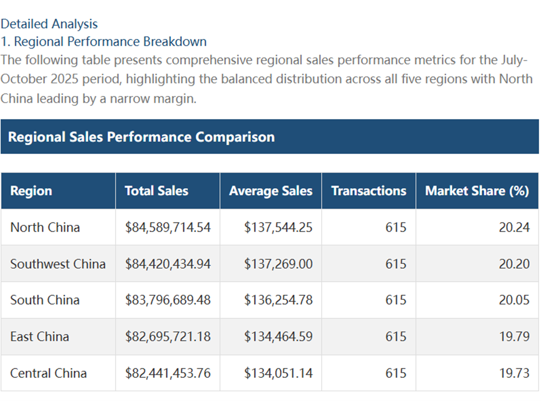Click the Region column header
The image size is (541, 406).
[x=31, y=191]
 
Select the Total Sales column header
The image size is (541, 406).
[x=156, y=191]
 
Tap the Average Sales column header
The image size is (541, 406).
[x=270, y=191]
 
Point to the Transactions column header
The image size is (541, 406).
[x=369, y=191]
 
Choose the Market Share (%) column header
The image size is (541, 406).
[x=477, y=191]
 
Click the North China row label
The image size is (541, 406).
[x=45, y=227]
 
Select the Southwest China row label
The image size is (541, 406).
[x=58, y=264]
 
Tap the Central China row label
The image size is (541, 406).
[x=49, y=373]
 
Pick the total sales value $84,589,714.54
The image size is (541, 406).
[x=168, y=227]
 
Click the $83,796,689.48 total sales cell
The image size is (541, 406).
[x=168, y=300]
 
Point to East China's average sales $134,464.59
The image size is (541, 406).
[x=278, y=336]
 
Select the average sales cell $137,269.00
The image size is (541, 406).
[x=278, y=264]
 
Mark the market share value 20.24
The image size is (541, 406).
[x=514, y=227]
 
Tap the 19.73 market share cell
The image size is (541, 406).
[x=514, y=373]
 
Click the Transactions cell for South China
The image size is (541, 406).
[x=396, y=300]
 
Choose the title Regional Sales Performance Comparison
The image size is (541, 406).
[x=141, y=137]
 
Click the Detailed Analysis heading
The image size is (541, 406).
[x=49, y=24]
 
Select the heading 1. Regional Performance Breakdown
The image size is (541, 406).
[x=103, y=41]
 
